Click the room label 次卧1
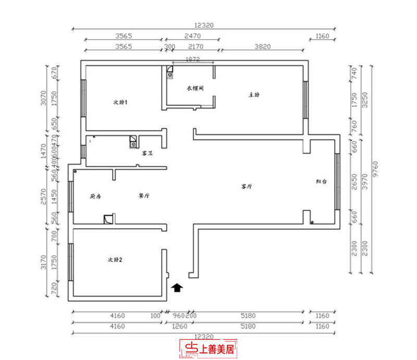[120, 102]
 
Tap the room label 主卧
[254, 95]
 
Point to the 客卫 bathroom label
[146, 154]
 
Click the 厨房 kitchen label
[94, 196]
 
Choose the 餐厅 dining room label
[144, 196]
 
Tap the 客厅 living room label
[247, 185]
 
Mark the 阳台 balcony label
[321, 182]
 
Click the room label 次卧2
[115, 259]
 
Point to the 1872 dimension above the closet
[193, 59]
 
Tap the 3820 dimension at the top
[263, 46]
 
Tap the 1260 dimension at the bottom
[178, 327]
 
